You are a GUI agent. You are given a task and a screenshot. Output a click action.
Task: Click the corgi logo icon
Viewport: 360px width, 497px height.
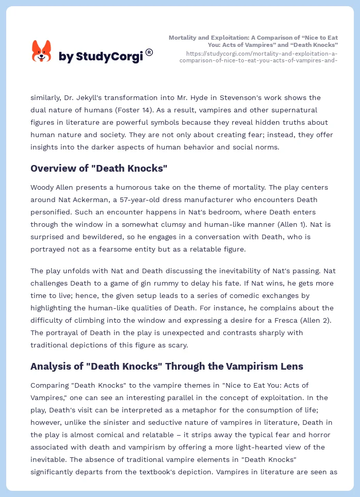pyautogui.click(x=41, y=52)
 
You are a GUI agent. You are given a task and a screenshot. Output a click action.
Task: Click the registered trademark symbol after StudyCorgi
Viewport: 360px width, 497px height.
pyautogui.click(x=149, y=52)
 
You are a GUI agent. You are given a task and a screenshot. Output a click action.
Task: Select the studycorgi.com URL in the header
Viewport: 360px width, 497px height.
pyautogui.click(x=258, y=57)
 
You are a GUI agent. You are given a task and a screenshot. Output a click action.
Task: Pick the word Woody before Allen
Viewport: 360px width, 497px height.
pyautogui.click(x=43, y=187)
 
